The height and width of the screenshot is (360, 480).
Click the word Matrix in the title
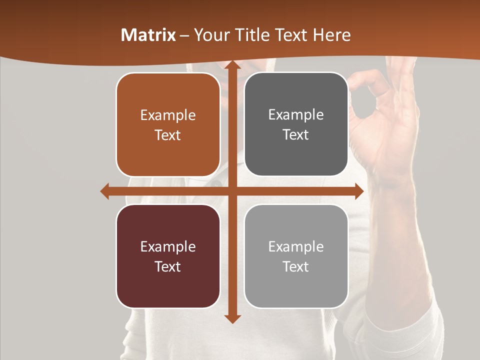pos(148,35)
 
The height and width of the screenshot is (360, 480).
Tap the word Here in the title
pos(331,35)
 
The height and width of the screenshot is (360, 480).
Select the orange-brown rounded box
pos(168,125)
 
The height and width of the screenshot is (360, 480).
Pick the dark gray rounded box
pos(296,124)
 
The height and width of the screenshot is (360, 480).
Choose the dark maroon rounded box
pos(168,256)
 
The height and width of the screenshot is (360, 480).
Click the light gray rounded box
pos(296,256)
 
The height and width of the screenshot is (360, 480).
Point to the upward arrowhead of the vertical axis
pos(232,65)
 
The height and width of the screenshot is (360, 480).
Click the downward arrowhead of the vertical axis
pos(232,318)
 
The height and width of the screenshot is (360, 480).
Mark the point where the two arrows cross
pos(232,191)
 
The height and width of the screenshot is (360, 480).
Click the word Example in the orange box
pos(168,115)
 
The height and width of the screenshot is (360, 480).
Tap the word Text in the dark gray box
pos(296,135)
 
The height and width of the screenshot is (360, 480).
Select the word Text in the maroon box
pos(168,266)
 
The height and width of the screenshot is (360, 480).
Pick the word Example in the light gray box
pos(296,246)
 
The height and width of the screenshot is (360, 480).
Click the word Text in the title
pos(290,35)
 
